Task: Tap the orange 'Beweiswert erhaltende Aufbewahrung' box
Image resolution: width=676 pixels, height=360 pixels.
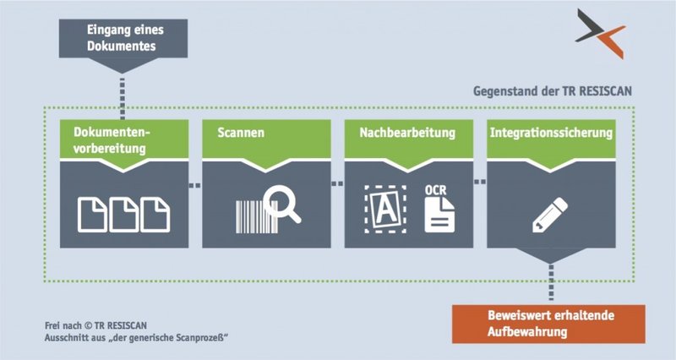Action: point(548,324)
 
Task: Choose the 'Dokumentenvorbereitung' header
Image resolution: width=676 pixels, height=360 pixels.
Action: point(124,139)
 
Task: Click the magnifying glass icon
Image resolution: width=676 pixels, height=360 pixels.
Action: point(282,204)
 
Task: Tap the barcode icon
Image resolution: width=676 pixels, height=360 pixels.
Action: point(256,217)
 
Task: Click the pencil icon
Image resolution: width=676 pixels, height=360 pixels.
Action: point(550,215)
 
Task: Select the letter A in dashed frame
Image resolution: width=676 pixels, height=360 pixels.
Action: point(385,210)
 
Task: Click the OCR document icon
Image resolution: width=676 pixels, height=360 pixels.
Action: point(439,215)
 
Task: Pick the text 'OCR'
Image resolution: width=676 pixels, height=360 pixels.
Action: point(435,190)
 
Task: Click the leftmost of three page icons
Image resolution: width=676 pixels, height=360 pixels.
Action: point(92,215)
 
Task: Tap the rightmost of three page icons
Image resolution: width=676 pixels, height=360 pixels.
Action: point(155,215)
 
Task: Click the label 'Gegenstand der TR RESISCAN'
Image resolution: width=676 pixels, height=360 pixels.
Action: point(553,91)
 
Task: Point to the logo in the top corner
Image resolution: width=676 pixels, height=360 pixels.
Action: point(601,33)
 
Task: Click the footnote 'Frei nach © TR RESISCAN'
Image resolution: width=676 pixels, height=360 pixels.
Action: point(95,325)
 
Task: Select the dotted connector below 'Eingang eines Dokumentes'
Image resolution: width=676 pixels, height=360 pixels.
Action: point(123,98)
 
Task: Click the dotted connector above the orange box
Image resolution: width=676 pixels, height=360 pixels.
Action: point(551,282)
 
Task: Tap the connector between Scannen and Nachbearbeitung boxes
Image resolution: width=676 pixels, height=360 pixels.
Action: point(337,183)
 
